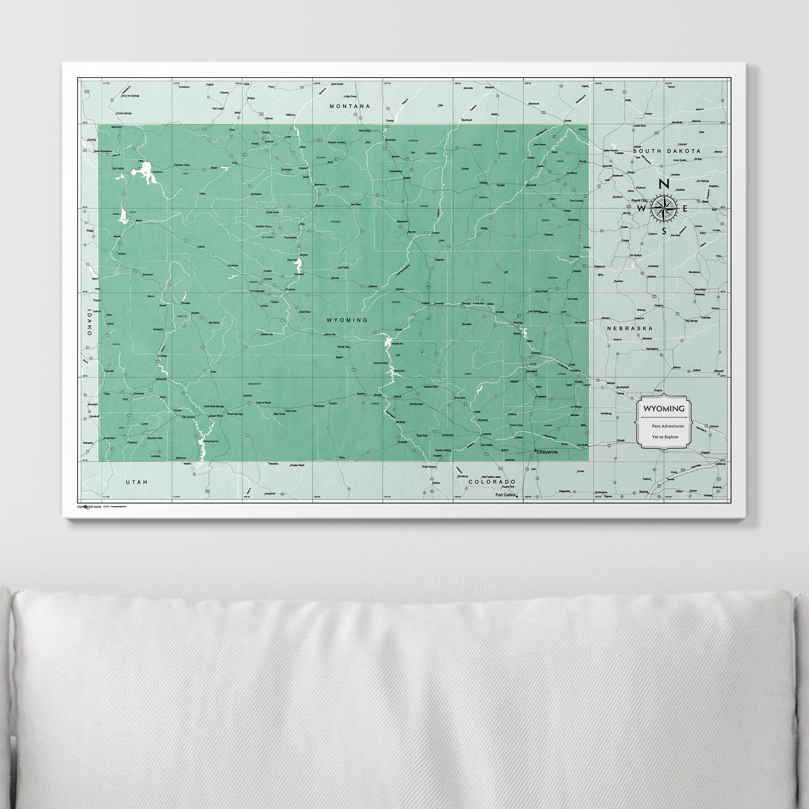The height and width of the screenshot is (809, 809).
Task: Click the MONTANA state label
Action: [x=350, y=106]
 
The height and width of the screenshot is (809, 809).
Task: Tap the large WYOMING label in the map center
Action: [x=347, y=320]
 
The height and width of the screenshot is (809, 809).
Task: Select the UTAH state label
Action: [x=137, y=482]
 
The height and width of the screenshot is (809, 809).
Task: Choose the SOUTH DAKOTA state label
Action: [x=667, y=151]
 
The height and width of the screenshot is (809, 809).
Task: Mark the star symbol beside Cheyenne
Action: [x=536, y=451]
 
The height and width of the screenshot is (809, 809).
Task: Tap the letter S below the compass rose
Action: [x=664, y=231]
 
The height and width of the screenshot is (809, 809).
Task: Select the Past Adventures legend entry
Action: [x=668, y=426]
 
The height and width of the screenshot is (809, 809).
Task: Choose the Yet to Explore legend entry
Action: [x=665, y=437]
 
